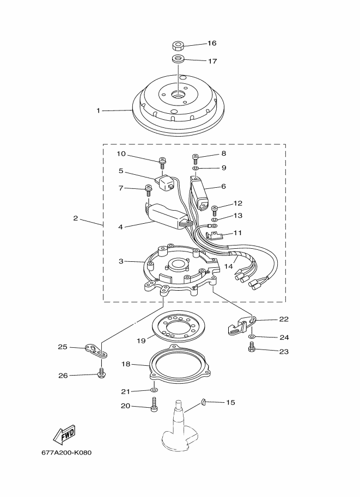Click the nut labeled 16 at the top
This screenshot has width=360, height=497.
[x=179, y=46]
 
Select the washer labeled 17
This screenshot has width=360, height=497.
[x=179, y=59]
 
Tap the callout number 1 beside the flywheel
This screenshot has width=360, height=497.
[x=99, y=111]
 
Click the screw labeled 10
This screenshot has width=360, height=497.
[x=163, y=163]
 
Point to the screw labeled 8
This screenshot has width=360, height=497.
[x=196, y=159]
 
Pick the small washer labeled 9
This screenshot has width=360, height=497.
[x=196, y=168]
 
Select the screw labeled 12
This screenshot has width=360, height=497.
[x=215, y=211]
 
